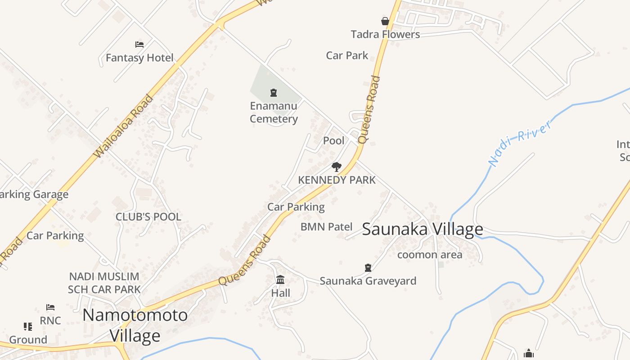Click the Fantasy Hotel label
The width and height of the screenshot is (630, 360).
coord(139,58)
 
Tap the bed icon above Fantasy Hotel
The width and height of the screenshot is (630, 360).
coord(139,45)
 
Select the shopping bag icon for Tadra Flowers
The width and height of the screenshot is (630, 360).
coord(385,21)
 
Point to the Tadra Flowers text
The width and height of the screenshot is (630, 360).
coord(385,34)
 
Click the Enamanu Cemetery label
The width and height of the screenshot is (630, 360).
coord(274,112)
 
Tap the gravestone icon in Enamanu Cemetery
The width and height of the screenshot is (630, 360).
coord(274,93)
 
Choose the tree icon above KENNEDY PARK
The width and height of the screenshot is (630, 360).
coord(336,167)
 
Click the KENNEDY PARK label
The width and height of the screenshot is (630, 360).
coord(337,180)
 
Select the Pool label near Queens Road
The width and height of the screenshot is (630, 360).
coord(334,140)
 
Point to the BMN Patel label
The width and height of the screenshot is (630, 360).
coord(326,226)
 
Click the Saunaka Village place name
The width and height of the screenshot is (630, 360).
coord(423,229)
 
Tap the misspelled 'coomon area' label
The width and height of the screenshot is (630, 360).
coord(430,255)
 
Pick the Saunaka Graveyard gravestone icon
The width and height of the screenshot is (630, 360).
coord(368,268)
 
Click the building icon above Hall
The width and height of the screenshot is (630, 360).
coord(280,280)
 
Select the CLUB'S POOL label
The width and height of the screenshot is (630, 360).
coord(148,216)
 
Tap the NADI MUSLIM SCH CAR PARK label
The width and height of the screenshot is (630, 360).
coord(104,283)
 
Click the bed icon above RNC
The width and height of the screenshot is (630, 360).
coord(50,307)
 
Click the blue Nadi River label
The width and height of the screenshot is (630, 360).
coord(520,143)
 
